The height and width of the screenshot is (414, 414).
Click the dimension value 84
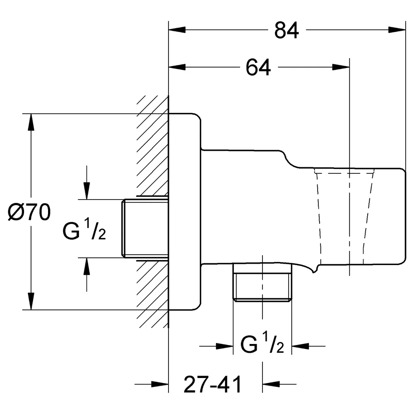tap(286, 30)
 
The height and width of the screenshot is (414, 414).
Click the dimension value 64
tap(258, 67)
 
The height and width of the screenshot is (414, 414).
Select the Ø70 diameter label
tap(29, 212)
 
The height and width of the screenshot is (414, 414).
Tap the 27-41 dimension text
tap(212, 385)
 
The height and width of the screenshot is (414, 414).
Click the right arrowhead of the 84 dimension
tap(397, 29)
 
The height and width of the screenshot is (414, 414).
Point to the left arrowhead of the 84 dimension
tap(177, 29)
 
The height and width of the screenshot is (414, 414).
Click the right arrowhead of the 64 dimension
tap(341, 67)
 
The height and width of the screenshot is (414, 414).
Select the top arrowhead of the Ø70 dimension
tap(31, 122)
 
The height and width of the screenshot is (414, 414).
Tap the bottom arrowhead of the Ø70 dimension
tap(31, 301)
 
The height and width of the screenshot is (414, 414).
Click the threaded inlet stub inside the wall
tap(145, 229)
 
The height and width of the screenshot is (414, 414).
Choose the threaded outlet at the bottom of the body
tap(262, 282)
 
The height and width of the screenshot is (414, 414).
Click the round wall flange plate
tap(185, 212)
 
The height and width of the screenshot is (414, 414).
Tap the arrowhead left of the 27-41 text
tap(160, 384)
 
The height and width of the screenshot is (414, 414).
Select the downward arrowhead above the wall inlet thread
tap(87, 190)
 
